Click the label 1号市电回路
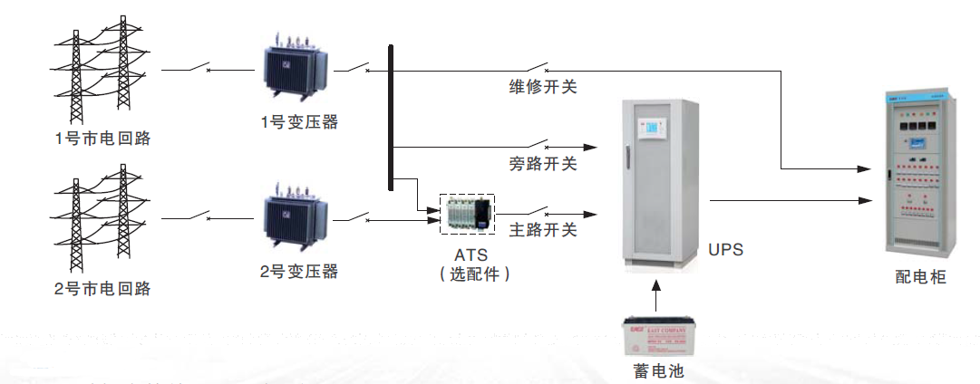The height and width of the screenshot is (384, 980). (x=102, y=139)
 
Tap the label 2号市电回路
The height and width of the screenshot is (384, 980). (x=102, y=289)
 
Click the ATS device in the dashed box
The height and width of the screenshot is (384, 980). (x=468, y=214)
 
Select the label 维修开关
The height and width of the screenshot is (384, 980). (x=543, y=88)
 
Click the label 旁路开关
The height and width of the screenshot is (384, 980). (x=543, y=164)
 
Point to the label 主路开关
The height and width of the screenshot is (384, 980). (x=543, y=230)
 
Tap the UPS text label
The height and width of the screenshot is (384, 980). (x=724, y=249)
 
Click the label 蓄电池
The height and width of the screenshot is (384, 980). (x=659, y=370)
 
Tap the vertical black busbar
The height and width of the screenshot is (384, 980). (x=391, y=117)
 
